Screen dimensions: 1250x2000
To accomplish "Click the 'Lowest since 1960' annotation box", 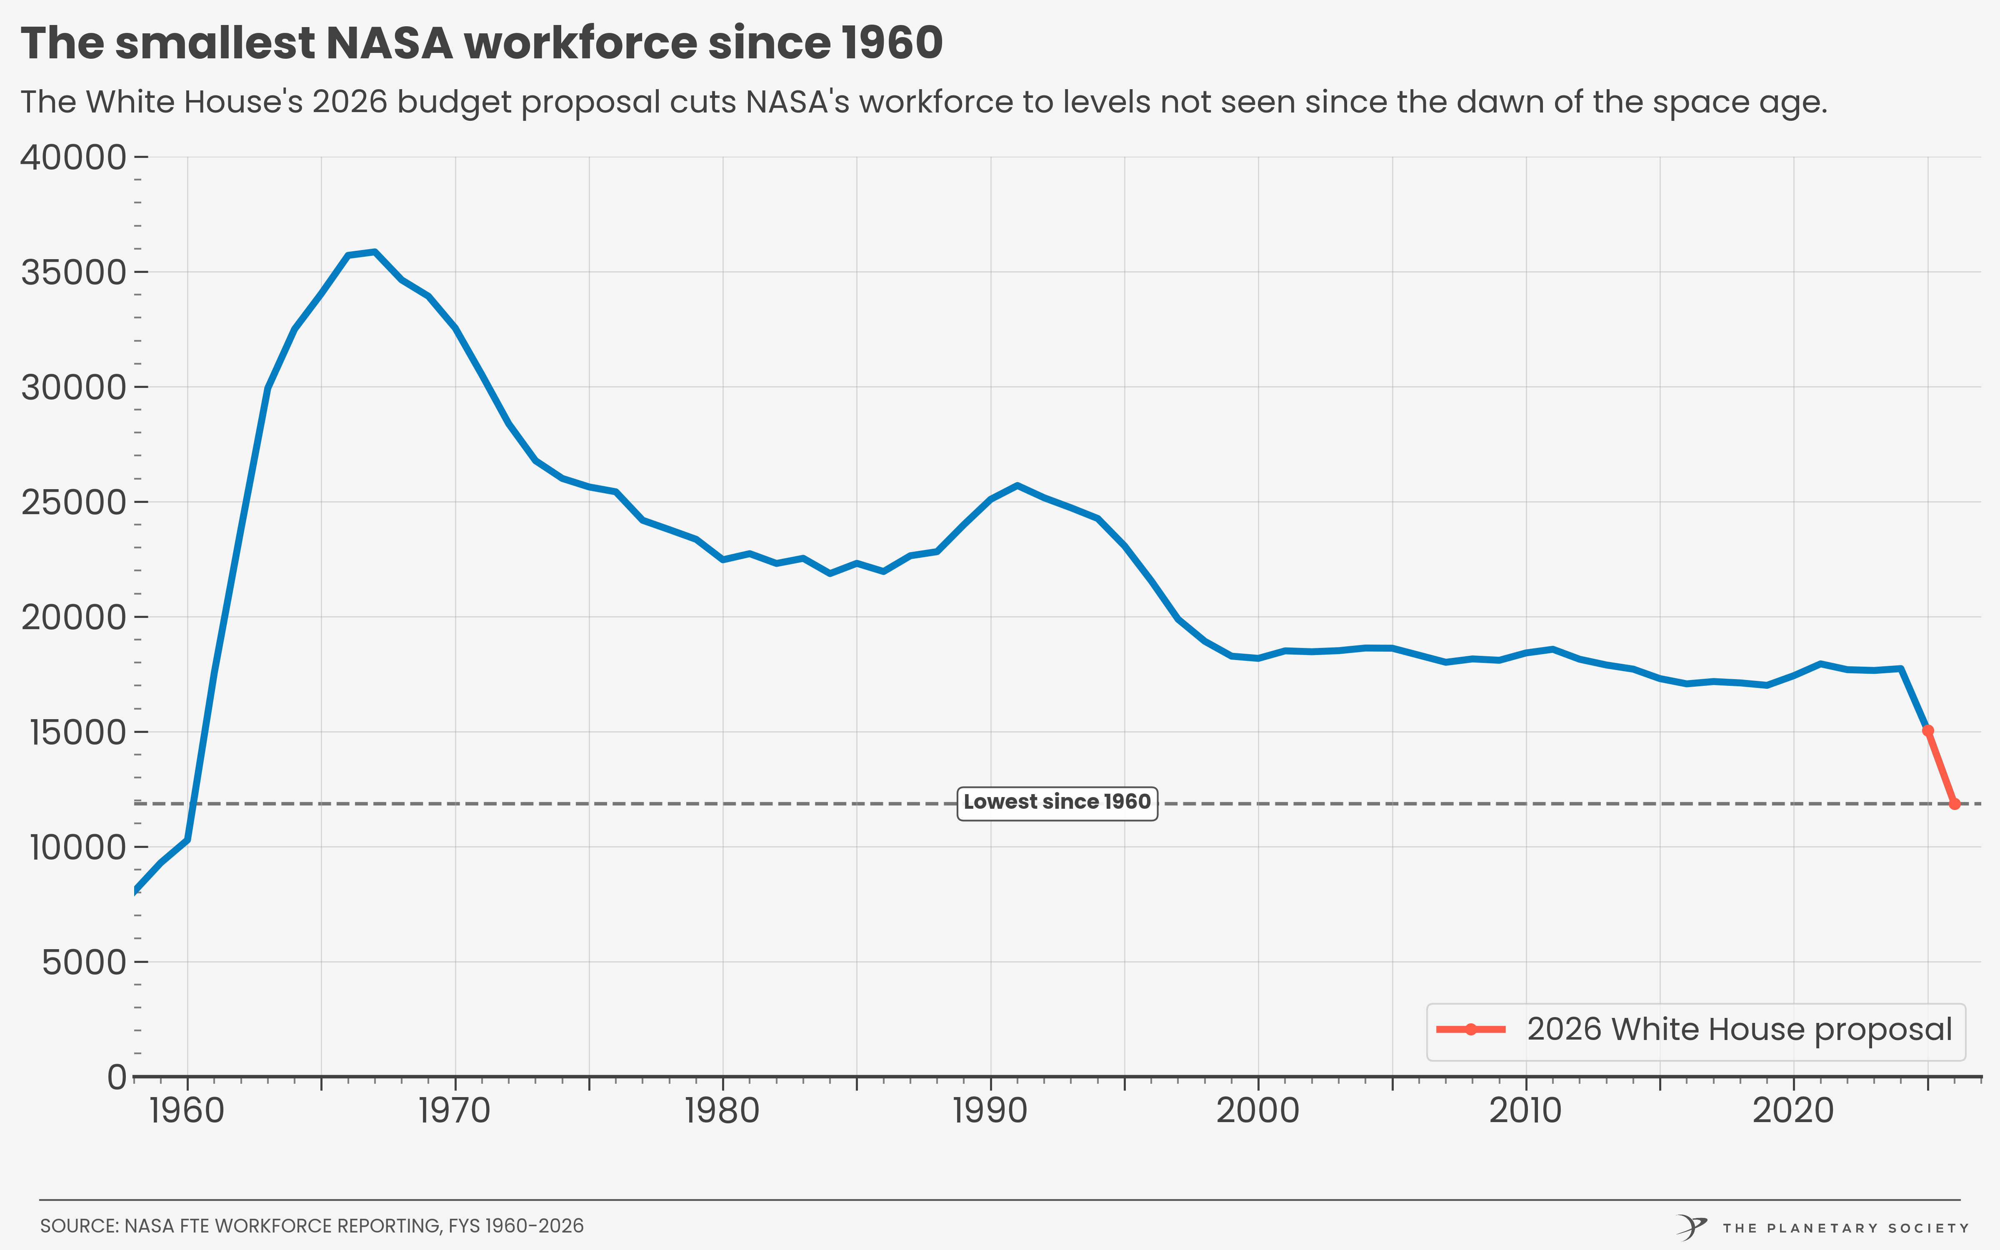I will pyautogui.click(x=1057, y=803).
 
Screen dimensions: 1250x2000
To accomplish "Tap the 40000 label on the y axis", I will pyautogui.click(x=73, y=157).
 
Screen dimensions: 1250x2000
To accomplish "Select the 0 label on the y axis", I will pyautogui.click(x=117, y=1077).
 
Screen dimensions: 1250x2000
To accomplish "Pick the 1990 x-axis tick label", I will pyautogui.click(x=990, y=1110).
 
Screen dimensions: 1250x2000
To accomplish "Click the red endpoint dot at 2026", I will pyautogui.click(x=1955, y=804).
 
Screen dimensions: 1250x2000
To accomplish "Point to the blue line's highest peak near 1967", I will pyautogui.click(x=375, y=251).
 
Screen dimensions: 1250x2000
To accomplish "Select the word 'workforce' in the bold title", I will pyautogui.click(x=581, y=43).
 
